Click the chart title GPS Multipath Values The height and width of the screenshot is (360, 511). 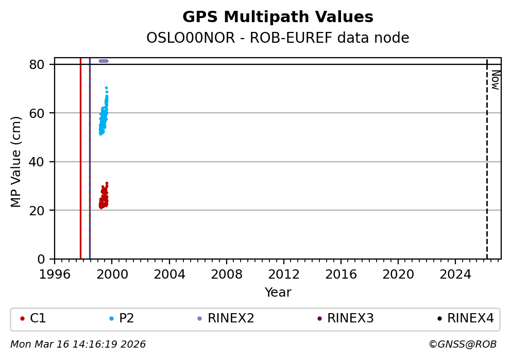pos(278,18)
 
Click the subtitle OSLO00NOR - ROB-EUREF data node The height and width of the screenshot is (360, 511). pos(278,38)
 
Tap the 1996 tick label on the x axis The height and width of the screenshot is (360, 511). pos(55,275)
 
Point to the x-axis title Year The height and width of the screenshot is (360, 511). pos(278,293)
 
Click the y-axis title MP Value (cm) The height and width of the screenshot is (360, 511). pos(16,162)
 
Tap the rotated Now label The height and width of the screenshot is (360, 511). pos(495,80)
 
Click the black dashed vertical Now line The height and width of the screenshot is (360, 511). pos(487,165)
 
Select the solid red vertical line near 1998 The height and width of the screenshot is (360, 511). pos(80,165)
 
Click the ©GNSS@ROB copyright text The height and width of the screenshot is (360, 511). pos(462,345)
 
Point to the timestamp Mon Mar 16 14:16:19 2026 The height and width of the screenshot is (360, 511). pos(78,345)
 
